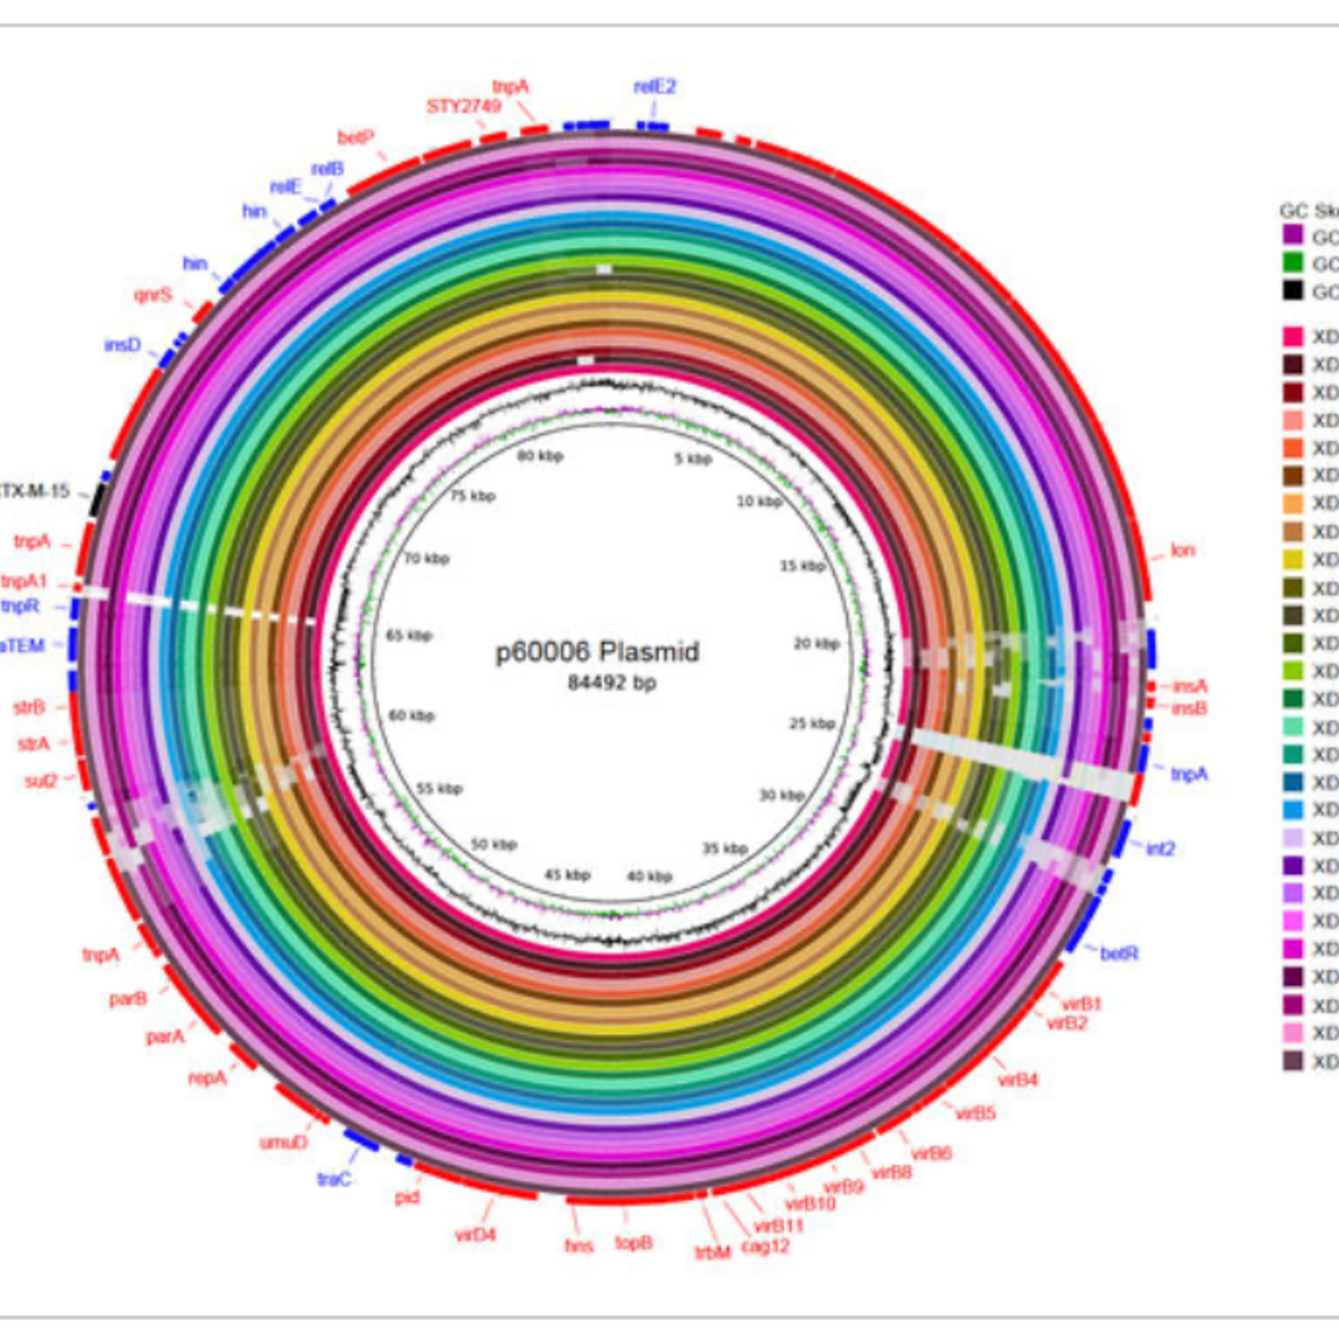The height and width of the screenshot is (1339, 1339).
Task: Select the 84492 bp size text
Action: click(x=611, y=683)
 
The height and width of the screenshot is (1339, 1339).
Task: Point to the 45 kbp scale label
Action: click(x=567, y=875)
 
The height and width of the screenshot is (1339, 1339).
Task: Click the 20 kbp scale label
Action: click(x=816, y=644)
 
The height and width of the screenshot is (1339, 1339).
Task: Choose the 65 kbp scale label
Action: click(x=409, y=636)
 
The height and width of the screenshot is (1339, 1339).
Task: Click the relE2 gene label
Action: click(x=654, y=87)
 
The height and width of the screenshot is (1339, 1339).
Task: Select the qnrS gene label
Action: click(x=153, y=295)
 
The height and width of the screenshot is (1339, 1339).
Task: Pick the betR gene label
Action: click(x=1119, y=954)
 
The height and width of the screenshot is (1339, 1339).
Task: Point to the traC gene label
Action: click(x=334, y=1179)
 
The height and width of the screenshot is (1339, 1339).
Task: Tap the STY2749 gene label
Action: click(x=463, y=106)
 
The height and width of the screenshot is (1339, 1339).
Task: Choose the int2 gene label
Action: click(x=1160, y=848)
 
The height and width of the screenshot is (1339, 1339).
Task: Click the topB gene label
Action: click(x=633, y=1243)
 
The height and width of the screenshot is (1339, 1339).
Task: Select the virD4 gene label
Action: click(x=475, y=1235)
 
